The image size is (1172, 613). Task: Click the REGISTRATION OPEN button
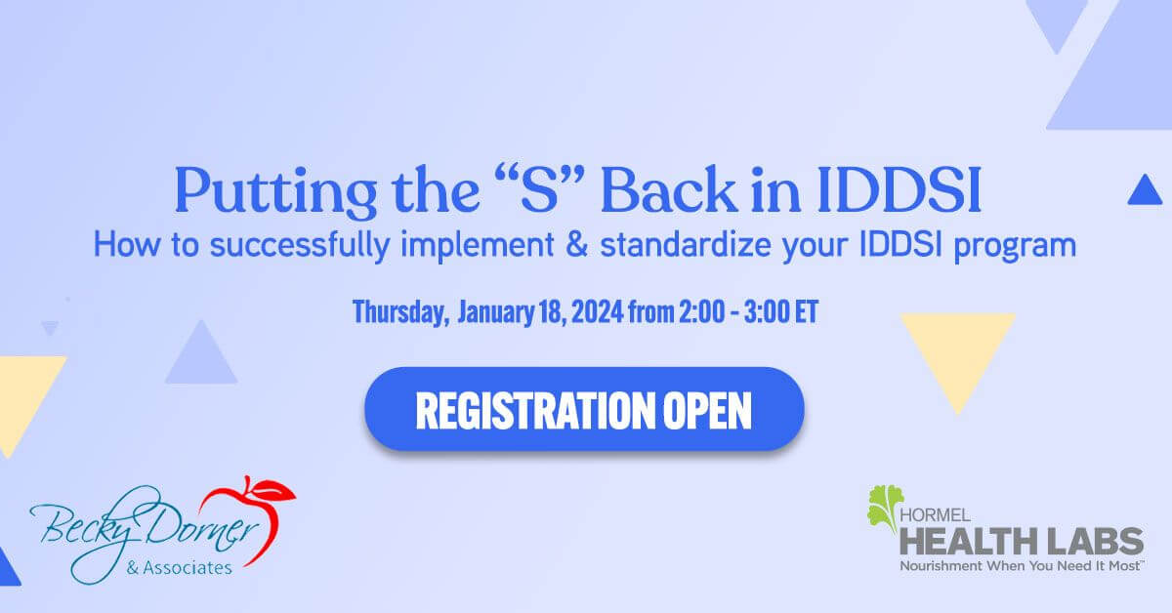click(x=584, y=409)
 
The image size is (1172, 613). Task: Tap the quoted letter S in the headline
click(x=539, y=188)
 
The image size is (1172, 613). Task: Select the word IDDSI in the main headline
click(x=899, y=190)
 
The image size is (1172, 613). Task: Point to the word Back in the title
click(x=669, y=188)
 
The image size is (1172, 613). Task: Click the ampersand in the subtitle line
click(x=577, y=245)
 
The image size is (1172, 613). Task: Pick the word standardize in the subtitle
click(x=686, y=245)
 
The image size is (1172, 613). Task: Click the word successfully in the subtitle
click(x=300, y=246)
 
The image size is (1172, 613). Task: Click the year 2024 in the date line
click(x=597, y=311)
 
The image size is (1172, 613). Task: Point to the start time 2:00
click(x=701, y=311)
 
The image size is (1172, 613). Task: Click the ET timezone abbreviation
click(x=806, y=311)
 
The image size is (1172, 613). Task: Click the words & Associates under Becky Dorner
click(x=179, y=567)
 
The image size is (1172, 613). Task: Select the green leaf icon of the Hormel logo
click(x=884, y=508)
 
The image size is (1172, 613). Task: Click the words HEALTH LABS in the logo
click(x=1022, y=542)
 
